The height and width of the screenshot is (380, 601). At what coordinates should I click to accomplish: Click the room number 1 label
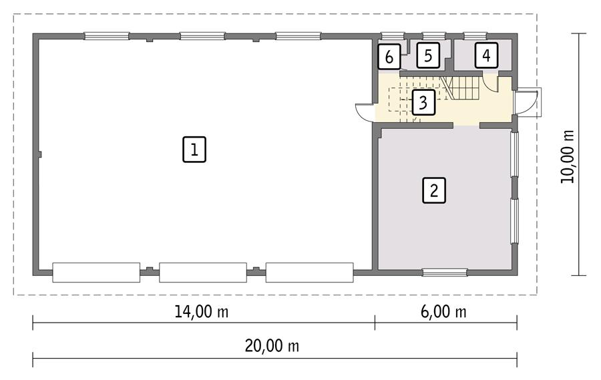[194, 149]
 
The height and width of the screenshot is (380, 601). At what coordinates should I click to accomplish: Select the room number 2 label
[433, 190]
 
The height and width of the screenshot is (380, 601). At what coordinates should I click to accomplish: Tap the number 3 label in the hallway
[423, 103]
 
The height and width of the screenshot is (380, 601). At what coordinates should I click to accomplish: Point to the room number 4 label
[486, 55]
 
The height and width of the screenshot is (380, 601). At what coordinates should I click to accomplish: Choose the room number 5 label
[428, 55]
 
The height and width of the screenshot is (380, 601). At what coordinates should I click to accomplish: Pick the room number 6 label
[389, 57]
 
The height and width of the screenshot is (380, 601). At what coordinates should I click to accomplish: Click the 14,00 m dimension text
[204, 311]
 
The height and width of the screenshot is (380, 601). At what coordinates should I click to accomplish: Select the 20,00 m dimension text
[271, 346]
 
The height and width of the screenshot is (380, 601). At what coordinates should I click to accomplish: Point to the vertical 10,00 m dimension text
[568, 156]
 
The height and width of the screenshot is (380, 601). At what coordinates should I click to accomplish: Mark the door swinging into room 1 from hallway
[365, 112]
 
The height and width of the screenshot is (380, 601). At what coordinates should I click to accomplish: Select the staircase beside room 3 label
[462, 87]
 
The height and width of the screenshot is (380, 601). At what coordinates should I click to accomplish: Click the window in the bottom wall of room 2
[445, 272]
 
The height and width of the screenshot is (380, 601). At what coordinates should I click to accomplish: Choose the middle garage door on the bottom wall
[203, 272]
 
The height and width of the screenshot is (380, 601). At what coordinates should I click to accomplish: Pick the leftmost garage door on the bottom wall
[96, 272]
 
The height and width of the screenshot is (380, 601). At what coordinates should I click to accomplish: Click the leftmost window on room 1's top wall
[106, 36]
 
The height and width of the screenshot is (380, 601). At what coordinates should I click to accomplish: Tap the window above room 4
[475, 36]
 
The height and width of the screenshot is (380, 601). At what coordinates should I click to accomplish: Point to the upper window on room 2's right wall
[515, 154]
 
